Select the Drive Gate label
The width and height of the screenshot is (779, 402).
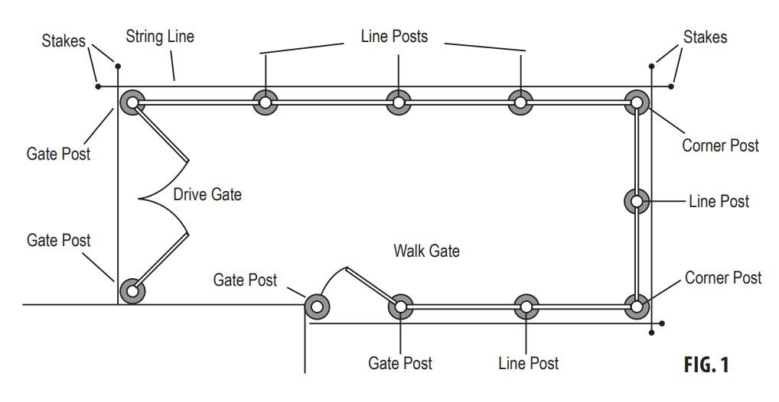pyautogui.click(x=207, y=194)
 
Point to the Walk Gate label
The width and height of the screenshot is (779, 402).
pyautogui.click(x=426, y=250)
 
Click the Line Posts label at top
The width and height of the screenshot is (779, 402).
pyautogui.click(x=394, y=36)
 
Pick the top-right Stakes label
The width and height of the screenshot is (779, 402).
pyautogui.click(x=705, y=37)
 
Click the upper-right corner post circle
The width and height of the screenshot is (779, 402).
pyautogui.click(x=637, y=102)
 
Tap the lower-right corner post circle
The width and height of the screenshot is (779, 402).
pyautogui.click(x=637, y=306)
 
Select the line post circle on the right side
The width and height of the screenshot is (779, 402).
pyautogui.click(x=637, y=202)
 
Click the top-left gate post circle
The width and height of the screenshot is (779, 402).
pyautogui.click(x=132, y=102)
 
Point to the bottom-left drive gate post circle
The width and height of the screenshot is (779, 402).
pyautogui.click(x=132, y=290)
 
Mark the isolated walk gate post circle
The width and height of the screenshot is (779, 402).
pyautogui.click(x=316, y=306)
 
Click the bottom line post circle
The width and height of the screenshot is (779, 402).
pyautogui.click(x=526, y=306)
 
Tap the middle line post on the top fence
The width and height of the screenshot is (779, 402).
pyautogui.click(x=397, y=102)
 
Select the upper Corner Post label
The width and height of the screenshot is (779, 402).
pyautogui.click(x=720, y=145)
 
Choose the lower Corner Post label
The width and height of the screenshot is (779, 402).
pyautogui.click(x=723, y=277)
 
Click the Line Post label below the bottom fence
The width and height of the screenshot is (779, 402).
pyautogui.click(x=528, y=363)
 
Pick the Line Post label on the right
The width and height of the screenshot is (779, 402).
pyautogui.click(x=719, y=202)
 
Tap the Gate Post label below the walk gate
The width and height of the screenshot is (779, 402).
pyautogui.click(x=400, y=363)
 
